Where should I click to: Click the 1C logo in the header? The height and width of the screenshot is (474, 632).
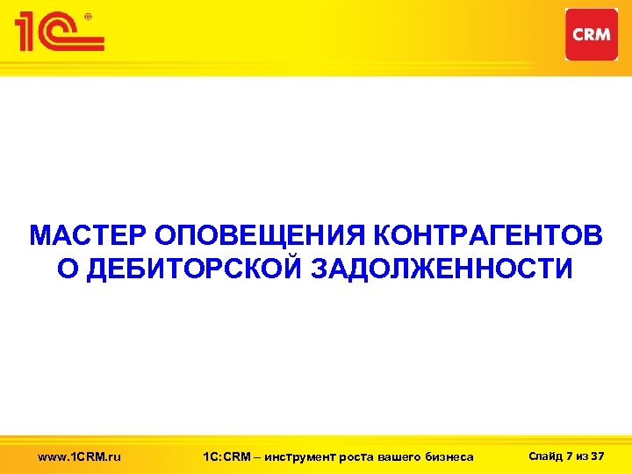[58, 32]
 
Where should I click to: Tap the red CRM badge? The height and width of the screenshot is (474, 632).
[592, 34]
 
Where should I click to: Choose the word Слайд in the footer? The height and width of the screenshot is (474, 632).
[542, 455]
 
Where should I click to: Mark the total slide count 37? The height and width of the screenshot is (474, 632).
[599, 455]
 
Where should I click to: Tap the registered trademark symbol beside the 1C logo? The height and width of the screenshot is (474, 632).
[89, 15]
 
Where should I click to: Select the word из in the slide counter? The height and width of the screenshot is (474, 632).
[583, 455]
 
